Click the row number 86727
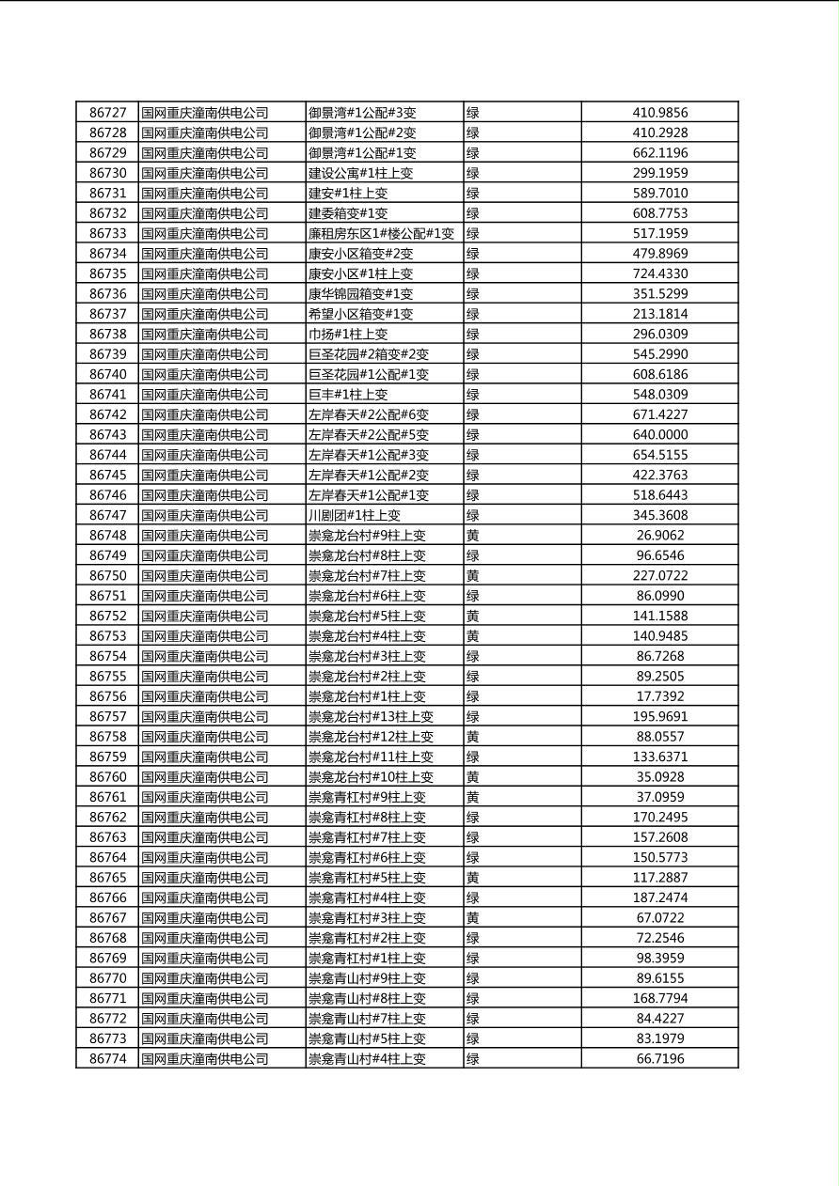coord(107,113)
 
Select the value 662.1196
coord(659,153)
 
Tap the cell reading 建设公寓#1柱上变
coord(360,173)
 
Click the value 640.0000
coord(659,435)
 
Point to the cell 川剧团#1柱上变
coord(355,515)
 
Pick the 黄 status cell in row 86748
coord(473,536)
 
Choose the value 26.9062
coord(659,536)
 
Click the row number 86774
coord(107,1059)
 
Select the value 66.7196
coord(659,1059)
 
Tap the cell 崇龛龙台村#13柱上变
coord(371,717)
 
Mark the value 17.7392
coord(659,696)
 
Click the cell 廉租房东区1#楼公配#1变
coord(381,233)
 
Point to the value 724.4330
coord(659,273)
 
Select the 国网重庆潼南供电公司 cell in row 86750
coord(204,576)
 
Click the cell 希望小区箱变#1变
coord(360,314)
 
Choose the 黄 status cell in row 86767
coord(473,918)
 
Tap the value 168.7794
coord(659,998)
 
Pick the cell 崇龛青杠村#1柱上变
coord(367,959)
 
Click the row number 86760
coord(107,777)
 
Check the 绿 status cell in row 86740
coord(473,374)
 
